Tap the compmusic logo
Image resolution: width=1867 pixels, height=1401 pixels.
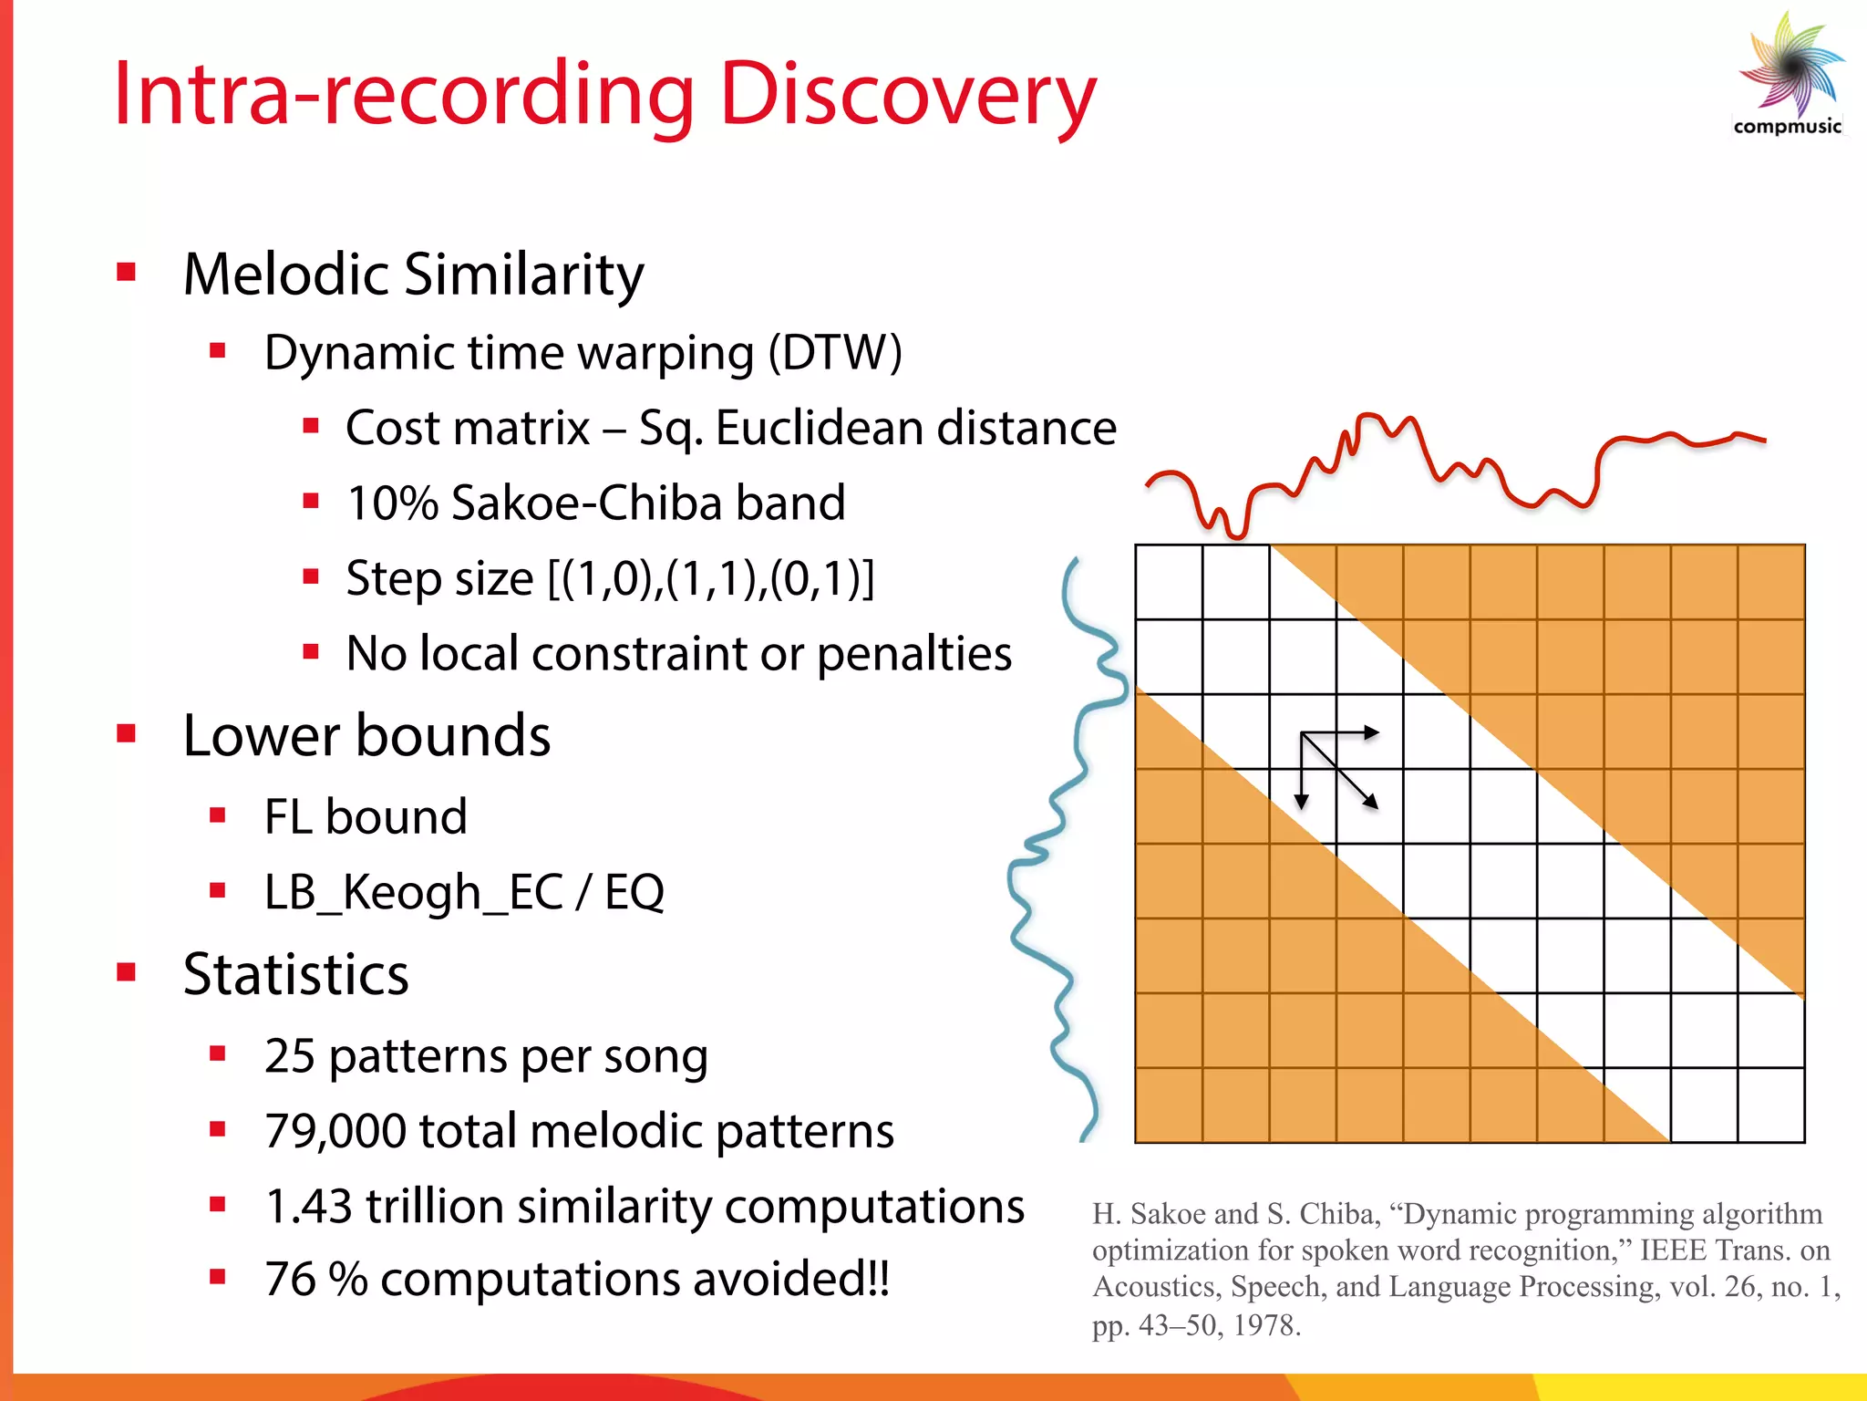(x=1789, y=78)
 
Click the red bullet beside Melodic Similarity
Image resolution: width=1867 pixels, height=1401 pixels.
(x=127, y=272)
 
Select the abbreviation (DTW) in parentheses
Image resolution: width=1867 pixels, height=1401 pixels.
(x=835, y=353)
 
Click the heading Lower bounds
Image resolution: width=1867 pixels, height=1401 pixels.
(x=366, y=735)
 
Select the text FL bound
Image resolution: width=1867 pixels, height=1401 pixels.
(x=366, y=816)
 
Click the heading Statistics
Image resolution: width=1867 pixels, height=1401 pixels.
(x=295, y=974)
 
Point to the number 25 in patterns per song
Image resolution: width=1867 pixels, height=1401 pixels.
(x=289, y=1056)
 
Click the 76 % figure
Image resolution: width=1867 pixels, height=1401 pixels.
(x=315, y=1280)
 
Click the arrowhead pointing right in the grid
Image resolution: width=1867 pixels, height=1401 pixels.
(x=1372, y=732)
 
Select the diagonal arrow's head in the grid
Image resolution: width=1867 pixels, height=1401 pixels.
(x=1370, y=803)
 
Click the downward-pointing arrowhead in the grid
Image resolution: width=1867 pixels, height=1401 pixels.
(x=1302, y=802)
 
